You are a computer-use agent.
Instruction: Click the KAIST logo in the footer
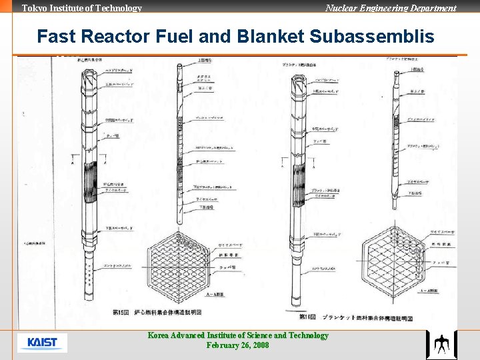point(43,343)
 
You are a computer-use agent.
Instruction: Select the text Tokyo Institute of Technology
point(82,8)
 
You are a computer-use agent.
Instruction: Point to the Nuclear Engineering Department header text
point(391,8)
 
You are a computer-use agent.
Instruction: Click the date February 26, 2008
point(238,345)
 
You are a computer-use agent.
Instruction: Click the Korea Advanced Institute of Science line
point(238,335)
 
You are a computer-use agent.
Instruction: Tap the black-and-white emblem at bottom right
point(441,345)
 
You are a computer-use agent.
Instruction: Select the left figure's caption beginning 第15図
point(157,311)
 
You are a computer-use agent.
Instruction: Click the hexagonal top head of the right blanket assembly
point(295,84)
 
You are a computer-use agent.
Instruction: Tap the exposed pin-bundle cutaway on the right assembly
point(295,179)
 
